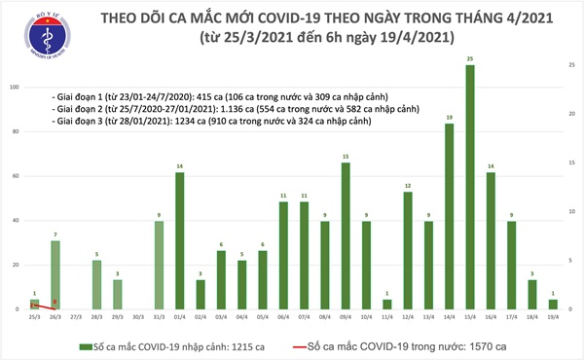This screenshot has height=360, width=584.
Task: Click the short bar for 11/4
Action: point(388,304)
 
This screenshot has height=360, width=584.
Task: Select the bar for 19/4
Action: point(555,304)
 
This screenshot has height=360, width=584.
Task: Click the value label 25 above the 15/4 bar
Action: point(471,60)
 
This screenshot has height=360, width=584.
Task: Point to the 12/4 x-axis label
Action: point(409,317)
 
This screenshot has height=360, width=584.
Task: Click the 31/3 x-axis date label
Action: point(160,317)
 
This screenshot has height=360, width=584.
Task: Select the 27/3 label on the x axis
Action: point(77,317)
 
